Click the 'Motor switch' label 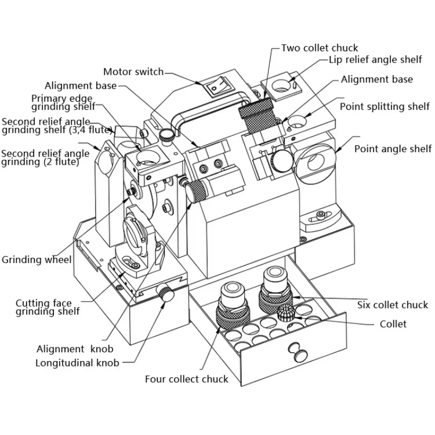click(133, 72)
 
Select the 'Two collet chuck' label click(320, 48)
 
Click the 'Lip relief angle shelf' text click(374, 61)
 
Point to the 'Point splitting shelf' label click(384, 106)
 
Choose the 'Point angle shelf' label click(393, 148)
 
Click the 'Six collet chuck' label click(393, 304)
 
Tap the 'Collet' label click(393, 324)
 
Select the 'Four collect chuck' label click(187, 378)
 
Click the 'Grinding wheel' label click(36, 259)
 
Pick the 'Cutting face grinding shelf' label click(48, 307)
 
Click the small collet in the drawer click(285, 314)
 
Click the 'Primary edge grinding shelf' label click(63, 102)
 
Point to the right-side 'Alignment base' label click(377, 79)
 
